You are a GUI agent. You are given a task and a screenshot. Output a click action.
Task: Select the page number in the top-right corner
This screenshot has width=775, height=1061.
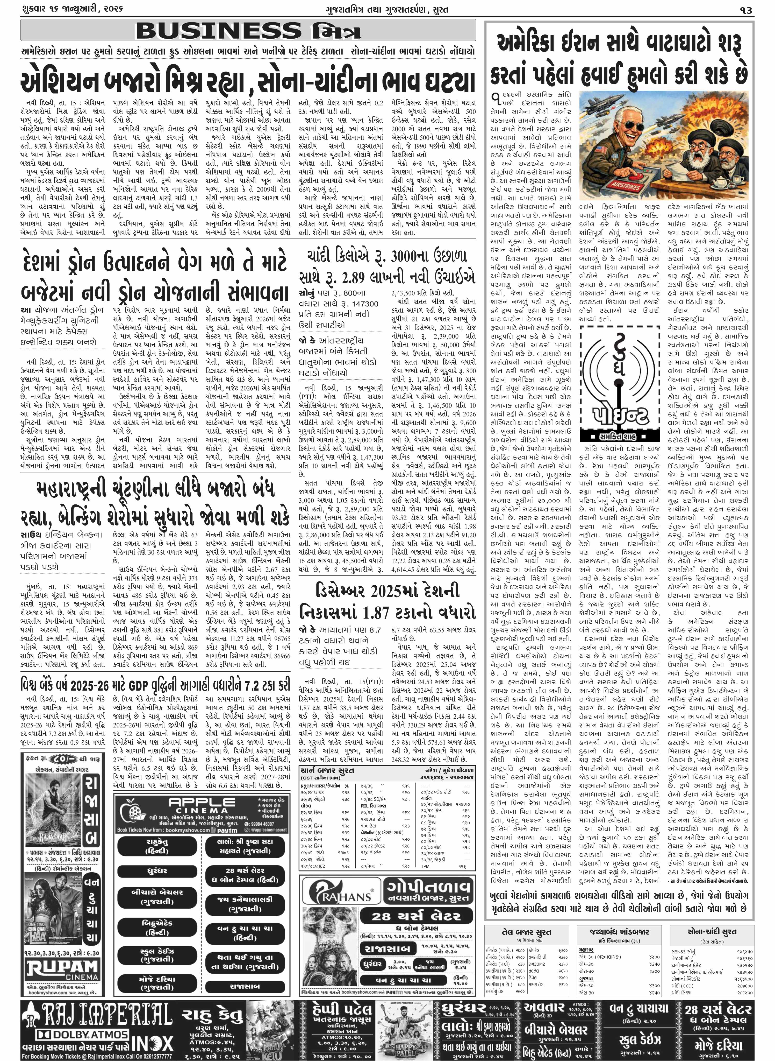tap(747, 10)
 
